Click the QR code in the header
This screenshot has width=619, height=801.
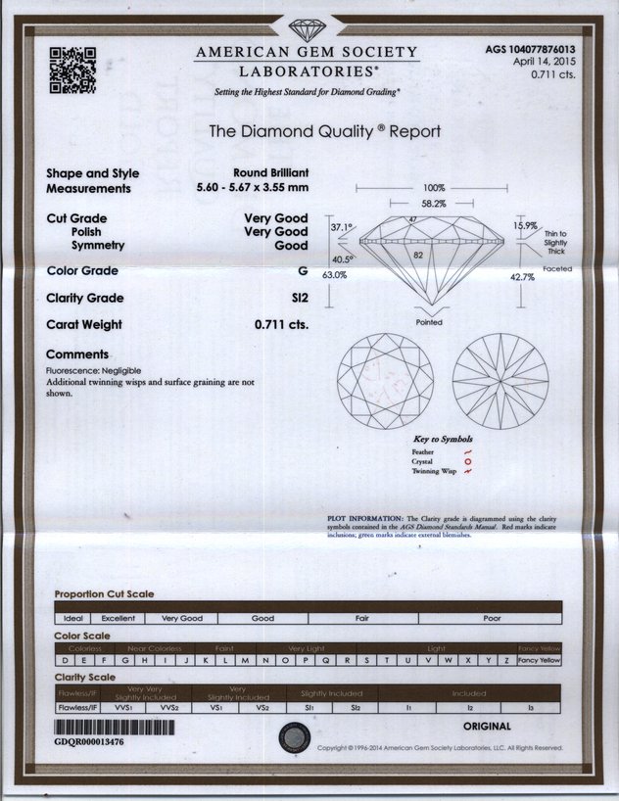pos(72,70)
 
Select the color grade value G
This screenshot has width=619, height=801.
pos(303,270)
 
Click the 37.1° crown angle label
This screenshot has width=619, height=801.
pos(340,226)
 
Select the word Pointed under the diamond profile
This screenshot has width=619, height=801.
pos(429,322)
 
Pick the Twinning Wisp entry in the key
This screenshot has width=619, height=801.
pos(435,472)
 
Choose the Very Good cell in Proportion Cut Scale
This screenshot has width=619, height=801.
pos(182,619)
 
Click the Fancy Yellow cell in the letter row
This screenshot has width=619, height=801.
pos(539,661)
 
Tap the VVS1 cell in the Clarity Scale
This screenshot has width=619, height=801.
pos(123,706)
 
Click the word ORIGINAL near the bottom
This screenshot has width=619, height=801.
pos(486,727)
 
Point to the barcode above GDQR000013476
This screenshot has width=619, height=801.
pos(114,728)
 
